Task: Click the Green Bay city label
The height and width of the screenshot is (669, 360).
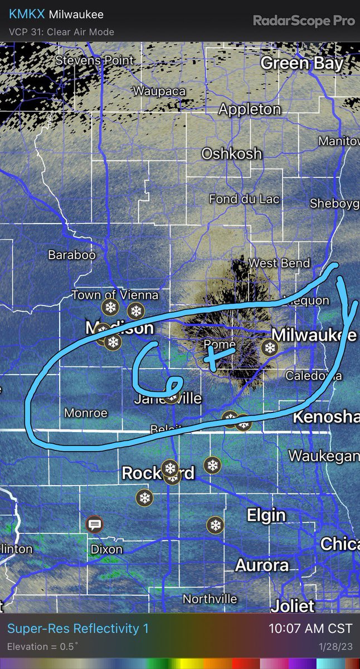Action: coord(301,63)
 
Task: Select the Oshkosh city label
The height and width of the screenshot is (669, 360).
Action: coord(231,153)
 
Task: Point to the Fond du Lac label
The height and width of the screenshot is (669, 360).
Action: coord(244,199)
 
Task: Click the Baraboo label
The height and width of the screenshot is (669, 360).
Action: coord(72,255)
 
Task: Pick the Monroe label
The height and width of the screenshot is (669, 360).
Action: coord(85,413)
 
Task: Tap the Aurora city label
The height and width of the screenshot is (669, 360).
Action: coord(262,565)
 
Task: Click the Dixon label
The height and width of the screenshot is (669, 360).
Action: coord(106,549)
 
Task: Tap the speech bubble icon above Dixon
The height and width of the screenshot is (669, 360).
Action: coord(94,524)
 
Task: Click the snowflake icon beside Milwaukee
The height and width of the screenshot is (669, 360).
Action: coord(270,348)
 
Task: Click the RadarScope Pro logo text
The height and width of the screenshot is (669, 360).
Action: coord(304,21)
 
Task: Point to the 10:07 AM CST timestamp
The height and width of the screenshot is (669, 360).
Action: coord(310,628)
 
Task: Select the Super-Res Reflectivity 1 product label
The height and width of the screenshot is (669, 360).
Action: coord(78,628)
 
